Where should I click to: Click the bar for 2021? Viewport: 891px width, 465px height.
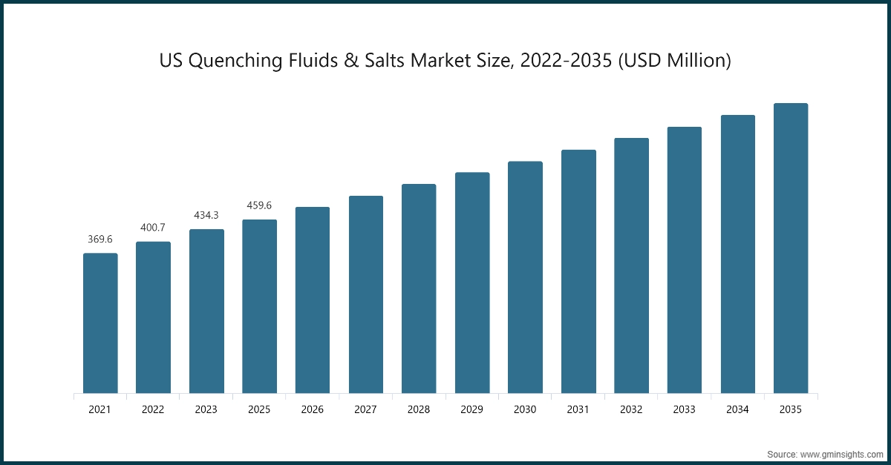pos(100,323)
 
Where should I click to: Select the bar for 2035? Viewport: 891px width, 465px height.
pos(791,248)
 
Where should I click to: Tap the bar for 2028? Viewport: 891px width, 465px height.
pos(419,288)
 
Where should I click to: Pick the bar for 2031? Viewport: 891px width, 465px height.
pos(578,271)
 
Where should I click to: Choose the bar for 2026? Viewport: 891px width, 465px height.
pos(313,300)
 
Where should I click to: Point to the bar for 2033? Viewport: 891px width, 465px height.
pos(685,260)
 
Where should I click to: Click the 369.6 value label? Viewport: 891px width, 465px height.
pos(100,240)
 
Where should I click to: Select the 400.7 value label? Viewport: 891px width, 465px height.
pos(153,226)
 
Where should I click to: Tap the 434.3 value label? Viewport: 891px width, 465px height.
pos(206,214)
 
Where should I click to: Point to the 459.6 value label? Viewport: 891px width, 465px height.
pos(259,205)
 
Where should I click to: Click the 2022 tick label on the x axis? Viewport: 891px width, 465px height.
pos(153,409)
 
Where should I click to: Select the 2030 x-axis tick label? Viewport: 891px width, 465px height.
pos(525,409)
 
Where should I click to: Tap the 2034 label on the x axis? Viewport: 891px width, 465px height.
pos(737,409)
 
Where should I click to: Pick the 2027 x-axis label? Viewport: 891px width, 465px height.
pos(365,409)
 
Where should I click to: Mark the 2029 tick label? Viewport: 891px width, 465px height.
pos(471,409)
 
